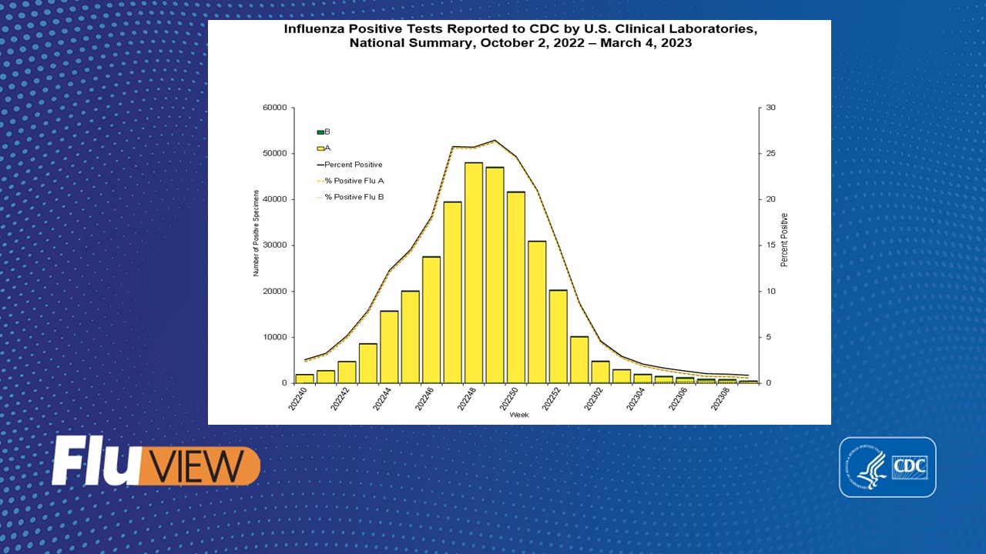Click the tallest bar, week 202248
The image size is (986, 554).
(x=474, y=273)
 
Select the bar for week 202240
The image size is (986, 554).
(x=304, y=379)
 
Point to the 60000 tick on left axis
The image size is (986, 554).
(x=275, y=108)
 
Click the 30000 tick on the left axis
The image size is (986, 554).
(x=275, y=245)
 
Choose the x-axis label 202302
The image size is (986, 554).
(x=591, y=401)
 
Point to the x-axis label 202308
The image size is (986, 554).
(x=717, y=401)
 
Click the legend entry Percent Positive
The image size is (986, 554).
(x=353, y=165)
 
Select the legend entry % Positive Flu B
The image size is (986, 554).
(x=354, y=197)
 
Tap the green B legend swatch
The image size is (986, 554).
(x=320, y=132)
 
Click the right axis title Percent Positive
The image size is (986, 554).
(x=784, y=240)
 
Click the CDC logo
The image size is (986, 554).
(x=887, y=467)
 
